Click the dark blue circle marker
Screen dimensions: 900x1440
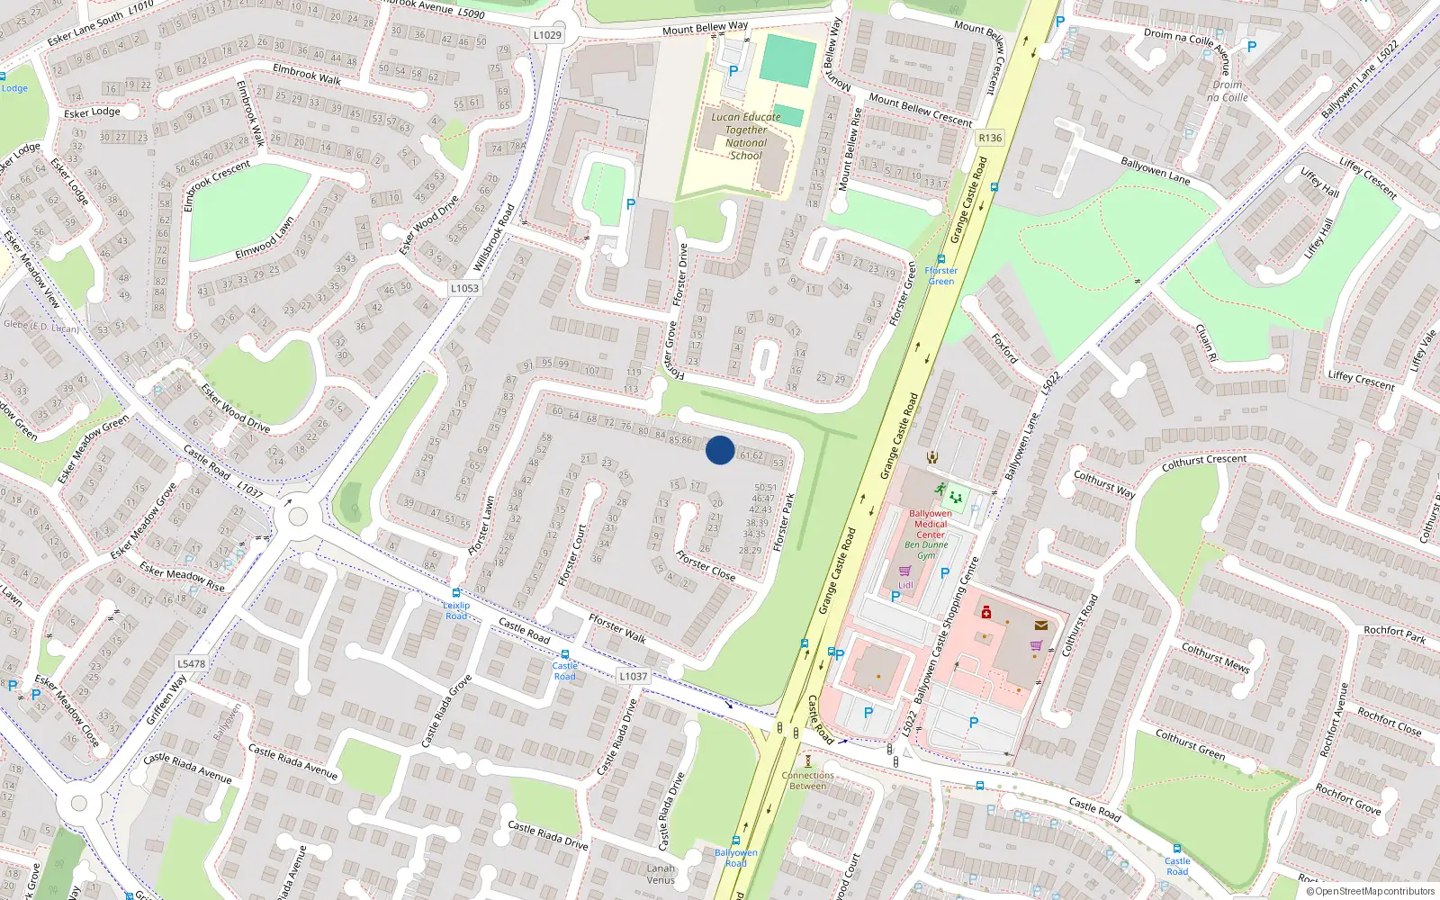pos(720,450)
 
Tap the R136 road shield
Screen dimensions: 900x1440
pos(990,138)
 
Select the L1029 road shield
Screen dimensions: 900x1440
pos(547,35)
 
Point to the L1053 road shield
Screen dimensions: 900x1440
pos(464,288)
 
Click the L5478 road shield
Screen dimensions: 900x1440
pos(191,663)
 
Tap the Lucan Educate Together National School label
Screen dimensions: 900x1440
pos(746,136)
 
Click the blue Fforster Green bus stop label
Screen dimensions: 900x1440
pos(940,275)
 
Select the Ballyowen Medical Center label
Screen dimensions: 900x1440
pos(931,524)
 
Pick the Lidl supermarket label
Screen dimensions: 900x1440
pos(905,585)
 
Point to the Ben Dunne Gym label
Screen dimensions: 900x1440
pos(926,550)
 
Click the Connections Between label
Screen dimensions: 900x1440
pos(807,780)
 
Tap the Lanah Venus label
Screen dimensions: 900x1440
pos(661,874)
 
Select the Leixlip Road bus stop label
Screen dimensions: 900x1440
pos(456,610)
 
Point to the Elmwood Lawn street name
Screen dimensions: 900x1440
pos(265,239)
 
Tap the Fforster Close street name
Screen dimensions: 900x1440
pos(706,566)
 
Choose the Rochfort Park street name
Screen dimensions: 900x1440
pos(1394,634)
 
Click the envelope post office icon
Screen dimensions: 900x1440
pos(1041,625)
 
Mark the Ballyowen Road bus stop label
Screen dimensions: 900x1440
pos(736,858)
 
